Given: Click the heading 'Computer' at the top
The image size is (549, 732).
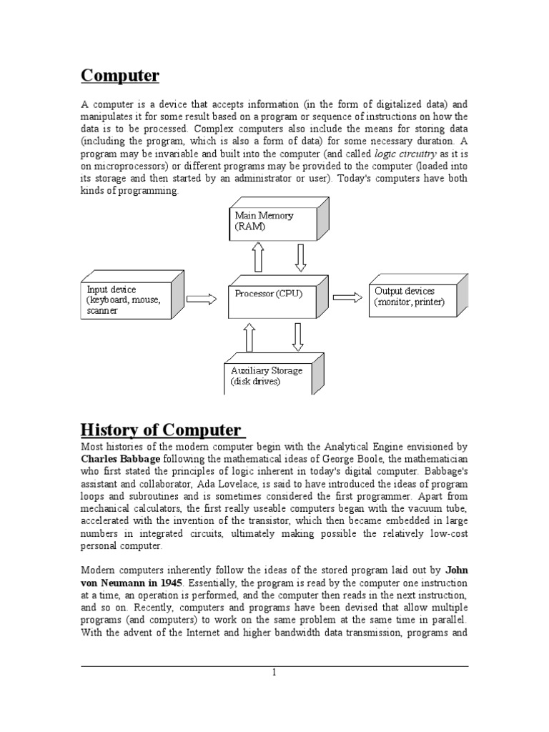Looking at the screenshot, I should (120, 75).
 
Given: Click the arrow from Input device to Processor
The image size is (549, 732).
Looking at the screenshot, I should (201, 300).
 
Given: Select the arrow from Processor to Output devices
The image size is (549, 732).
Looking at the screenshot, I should (347, 297).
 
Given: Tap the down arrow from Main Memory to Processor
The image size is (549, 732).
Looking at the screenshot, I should (300, 257).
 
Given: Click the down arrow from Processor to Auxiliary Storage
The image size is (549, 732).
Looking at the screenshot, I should (297, 337).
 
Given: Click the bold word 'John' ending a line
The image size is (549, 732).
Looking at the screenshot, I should (457, 570).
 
